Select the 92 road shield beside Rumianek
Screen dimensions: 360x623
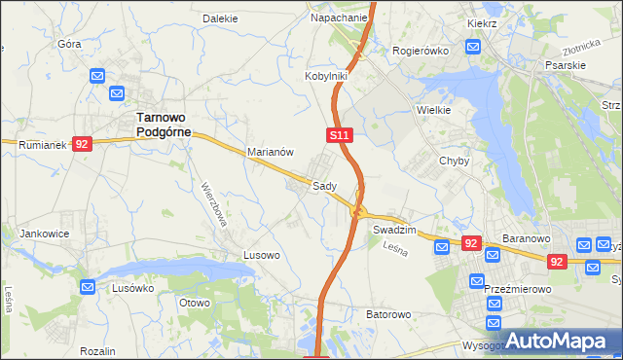point(82,144)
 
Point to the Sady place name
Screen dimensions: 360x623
point(324,186)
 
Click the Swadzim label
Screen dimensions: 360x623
point(394,230)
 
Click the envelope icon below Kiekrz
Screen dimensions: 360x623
point(473,46)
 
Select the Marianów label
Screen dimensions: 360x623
point(271,152)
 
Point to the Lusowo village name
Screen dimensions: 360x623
point(261,255)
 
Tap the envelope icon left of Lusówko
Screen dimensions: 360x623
point(88,288)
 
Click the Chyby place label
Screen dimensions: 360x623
point(455,162)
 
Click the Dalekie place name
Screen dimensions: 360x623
point(220,18)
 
